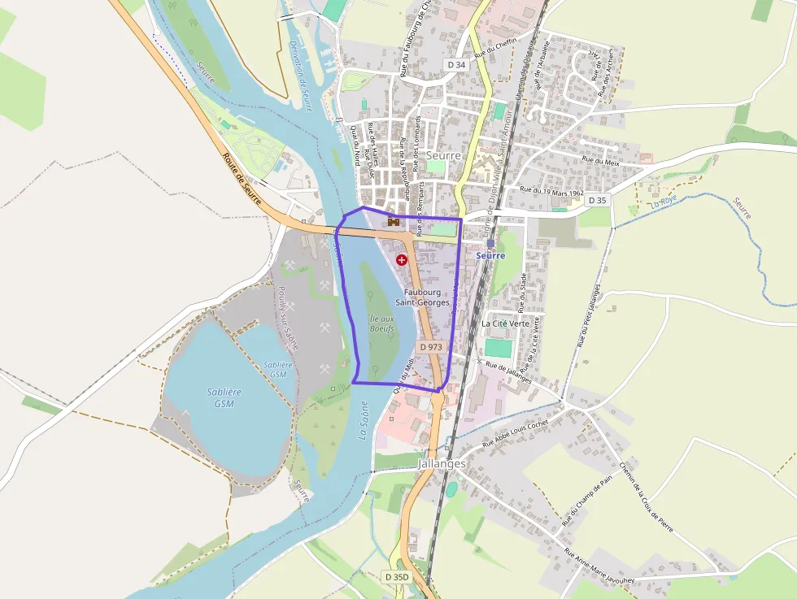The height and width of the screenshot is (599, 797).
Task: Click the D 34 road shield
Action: click(x=455, y=64)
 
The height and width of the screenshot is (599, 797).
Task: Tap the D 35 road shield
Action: click(x=597, y=200)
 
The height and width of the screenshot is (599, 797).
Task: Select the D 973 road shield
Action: click(x=431, y=347)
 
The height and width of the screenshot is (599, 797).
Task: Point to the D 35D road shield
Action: click(x=396, y=577)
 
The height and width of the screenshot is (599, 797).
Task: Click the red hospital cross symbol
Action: click(x=402, y=259)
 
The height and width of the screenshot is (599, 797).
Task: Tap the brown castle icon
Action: click(x=394, y=221)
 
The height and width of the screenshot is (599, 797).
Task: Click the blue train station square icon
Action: click(x=490, y=243)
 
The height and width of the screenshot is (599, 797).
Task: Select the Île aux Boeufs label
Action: click(x=381, y=324)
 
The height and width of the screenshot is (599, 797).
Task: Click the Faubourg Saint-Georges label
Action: click(x=422, y=297)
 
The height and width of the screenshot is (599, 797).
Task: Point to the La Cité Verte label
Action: click(x=505, y=323)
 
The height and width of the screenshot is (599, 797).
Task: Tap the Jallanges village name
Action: click(x=442, y=463)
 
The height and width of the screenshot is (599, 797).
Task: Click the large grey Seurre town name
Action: click(x=443, y=155)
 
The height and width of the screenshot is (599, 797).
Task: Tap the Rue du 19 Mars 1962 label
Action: click(x=552, y=192)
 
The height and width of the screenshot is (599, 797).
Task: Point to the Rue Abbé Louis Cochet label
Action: click(x=516, y=435)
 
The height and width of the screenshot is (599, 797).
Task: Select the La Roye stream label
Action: click(x=663, y=200)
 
